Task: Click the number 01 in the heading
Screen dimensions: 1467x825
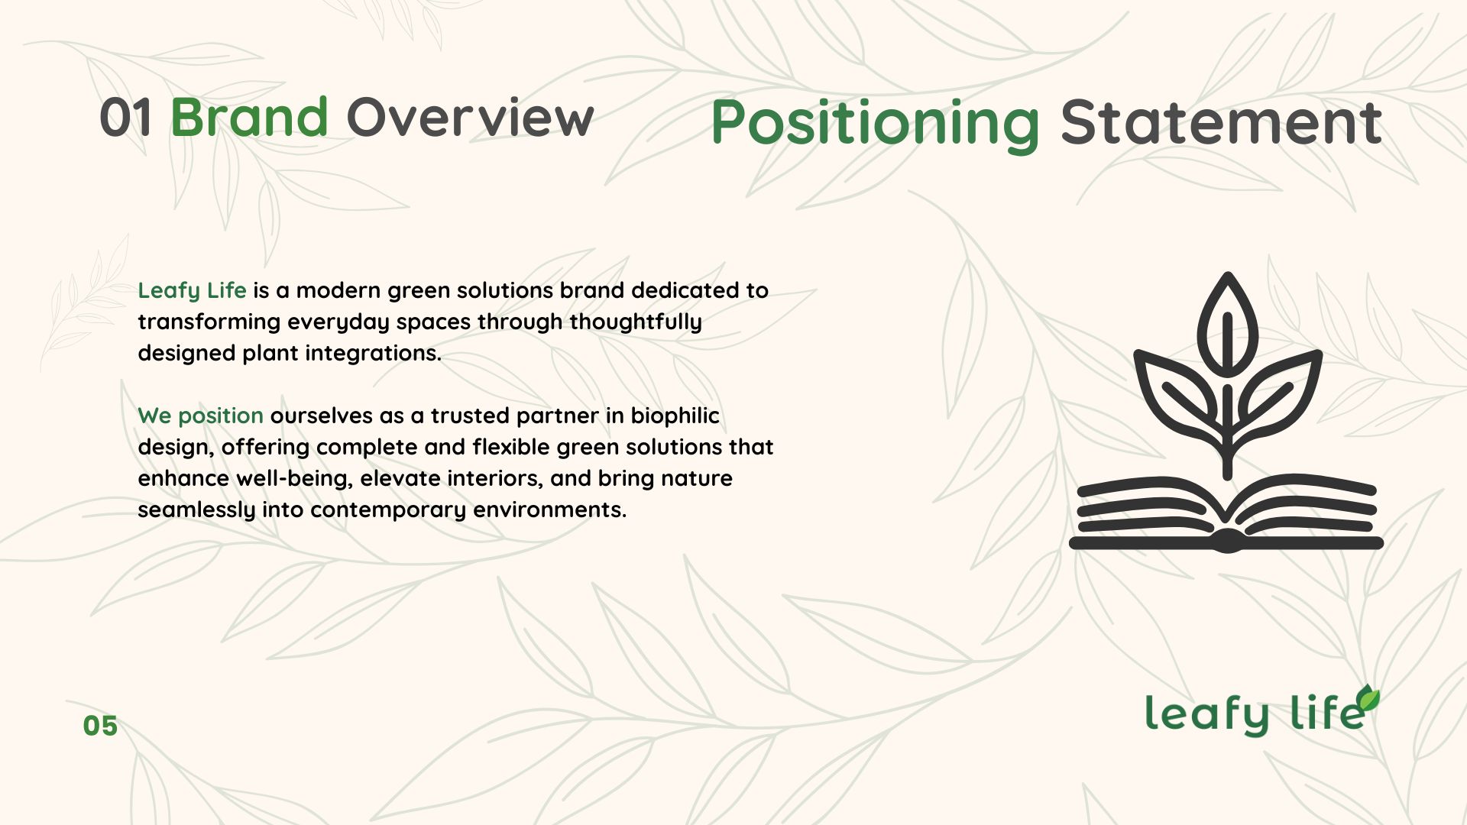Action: [x=125, y=118]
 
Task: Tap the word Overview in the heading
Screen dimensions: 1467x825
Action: [x=470, y=118]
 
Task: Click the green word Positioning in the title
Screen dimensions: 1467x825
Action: [x=875, y=122]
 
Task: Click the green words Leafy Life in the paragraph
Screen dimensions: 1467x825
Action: [x=192, y=290]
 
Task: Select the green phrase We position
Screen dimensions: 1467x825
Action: [x=200, y=416]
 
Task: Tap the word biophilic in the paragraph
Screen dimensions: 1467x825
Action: [x=675, y=416]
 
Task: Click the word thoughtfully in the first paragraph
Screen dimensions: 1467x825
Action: [x=635, y=322]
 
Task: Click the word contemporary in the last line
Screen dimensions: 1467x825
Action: [x=388, y=510]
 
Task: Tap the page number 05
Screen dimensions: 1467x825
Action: [x=100, y=726]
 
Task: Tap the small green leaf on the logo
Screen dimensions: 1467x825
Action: [x=1368, y=697]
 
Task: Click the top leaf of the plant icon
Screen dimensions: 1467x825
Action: [x=1227, y=325]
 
